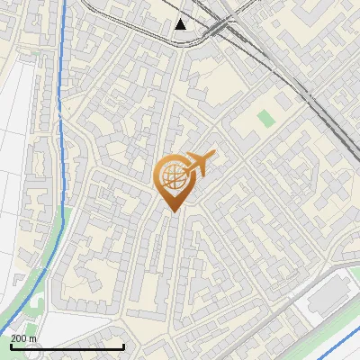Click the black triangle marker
[x=181, y=23]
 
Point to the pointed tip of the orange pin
[x=172, y=211]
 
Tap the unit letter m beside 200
[x=33, y=338]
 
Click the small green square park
[x=265, y=117]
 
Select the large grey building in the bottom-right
[x=328, y=290]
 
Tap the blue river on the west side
[x=59, y=135]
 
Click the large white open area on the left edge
[x=13, y=180]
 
